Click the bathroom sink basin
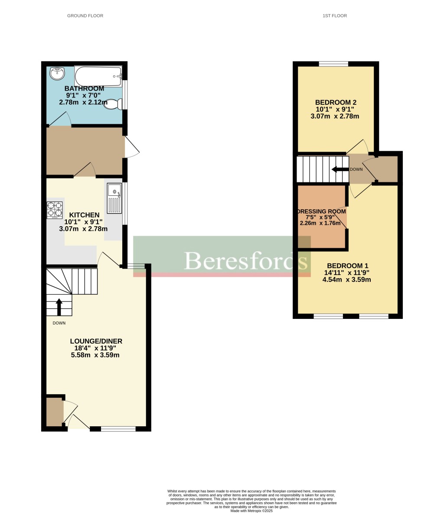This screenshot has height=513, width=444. click(57, 74)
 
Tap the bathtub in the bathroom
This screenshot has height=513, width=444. click(98, 76)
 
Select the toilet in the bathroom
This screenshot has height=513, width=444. click(112, 104)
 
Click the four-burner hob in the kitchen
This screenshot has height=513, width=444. click(55, 210)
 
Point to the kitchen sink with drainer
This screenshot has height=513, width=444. click(114, 198)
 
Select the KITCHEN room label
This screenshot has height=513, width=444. click(84, 215)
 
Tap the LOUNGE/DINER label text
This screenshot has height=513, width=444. click(96, 341)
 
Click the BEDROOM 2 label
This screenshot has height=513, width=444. click(336, 102)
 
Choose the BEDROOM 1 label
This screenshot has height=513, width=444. click(347, 266)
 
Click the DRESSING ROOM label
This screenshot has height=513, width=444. click(321, 211)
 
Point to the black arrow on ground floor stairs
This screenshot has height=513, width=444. click(59, 306)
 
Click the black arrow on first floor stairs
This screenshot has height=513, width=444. click(340, 169)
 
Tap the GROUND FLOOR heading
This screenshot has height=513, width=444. click(85, 16)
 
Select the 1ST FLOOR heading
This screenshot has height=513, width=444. click(335, 16)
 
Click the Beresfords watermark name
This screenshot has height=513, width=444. click(245, 260)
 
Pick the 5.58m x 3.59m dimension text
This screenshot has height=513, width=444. click(95, 355)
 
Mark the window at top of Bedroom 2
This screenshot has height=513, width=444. click(333, 64)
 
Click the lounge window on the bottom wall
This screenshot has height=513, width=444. click(118, 429)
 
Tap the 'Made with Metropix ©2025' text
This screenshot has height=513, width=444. click(251, 511)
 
